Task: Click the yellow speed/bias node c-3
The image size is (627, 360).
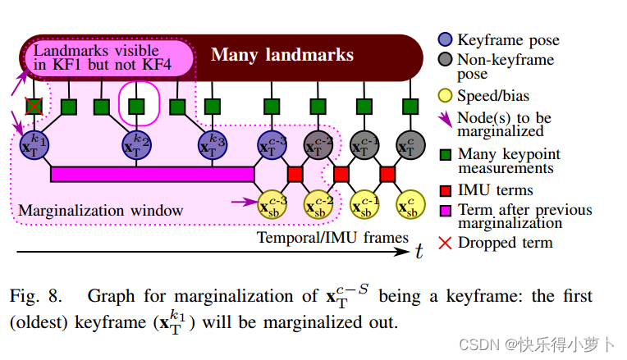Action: pyautogui.click(x=273, y=203)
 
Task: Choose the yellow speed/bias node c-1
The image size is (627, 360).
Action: pyautogui.click(x=364, y=203)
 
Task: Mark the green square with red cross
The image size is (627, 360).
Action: pyautogui.click(x=34, y=107)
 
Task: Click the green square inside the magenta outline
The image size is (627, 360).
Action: pyautogui.click(x=135, y=107)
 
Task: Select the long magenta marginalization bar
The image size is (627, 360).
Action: pyautogui.click(x=152, y=174)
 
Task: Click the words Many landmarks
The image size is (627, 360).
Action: pyautogui.click(x=282, y=55)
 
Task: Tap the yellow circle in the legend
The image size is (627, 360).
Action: pyautogui.click(x=445, y=96)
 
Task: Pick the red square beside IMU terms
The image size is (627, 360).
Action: pyautogui.click(x=445, y=190)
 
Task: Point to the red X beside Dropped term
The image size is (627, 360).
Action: pyautogui.click(x=445, y=242)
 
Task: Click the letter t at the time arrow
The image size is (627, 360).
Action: pyautogui.click(x=419, y=252)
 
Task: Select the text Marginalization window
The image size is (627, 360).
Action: pyautogui.click(x=101, y=210)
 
